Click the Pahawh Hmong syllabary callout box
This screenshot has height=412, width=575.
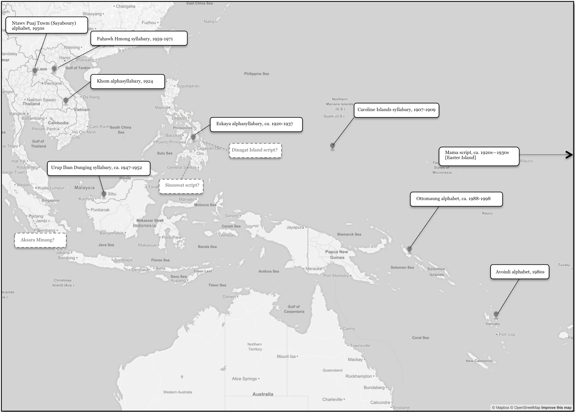pos(139,38)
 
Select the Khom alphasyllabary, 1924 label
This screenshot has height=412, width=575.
pos(127,81)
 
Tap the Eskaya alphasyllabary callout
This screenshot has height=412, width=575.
pos(256,124)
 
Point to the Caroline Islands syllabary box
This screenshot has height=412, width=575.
pos(396,110)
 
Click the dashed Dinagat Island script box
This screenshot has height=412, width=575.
pos(255,150)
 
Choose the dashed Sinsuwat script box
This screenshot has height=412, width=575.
pos(181,185)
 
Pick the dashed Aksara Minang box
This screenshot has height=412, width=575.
pos(40,240)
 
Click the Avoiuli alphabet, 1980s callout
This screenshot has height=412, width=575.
pos(520,272)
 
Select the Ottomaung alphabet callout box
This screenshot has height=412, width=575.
pos(456,199)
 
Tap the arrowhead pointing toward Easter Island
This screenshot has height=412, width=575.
pos(570,155)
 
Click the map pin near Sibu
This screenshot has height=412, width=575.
pos(104,194)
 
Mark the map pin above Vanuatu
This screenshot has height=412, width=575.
pos(496,314)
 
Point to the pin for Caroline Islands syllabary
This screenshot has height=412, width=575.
pos(332,146)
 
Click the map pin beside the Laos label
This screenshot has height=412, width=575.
pos(35,70)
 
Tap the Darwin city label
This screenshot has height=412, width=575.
pos(229,296)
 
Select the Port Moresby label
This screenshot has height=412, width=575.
pos(336,276)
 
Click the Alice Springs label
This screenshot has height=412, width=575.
pos(244,379)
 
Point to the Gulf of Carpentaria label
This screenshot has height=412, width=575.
pos(294,309)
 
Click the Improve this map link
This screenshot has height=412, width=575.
pos(556,408)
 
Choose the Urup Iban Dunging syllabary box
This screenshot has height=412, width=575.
pos(99,168)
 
